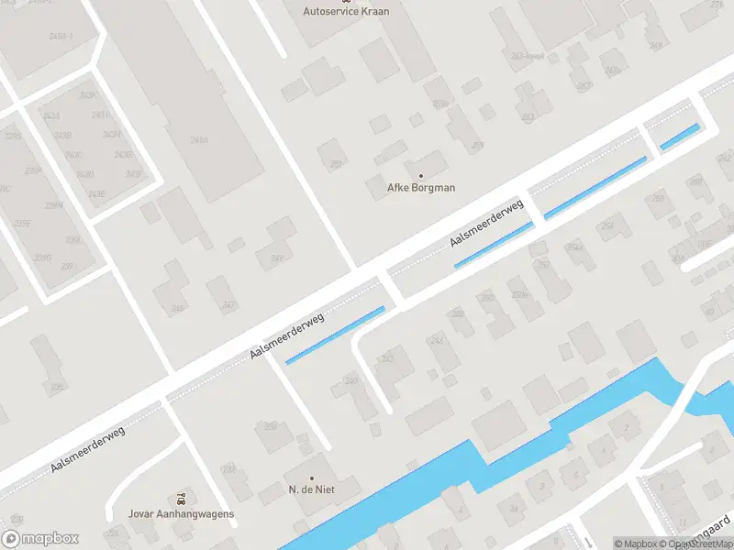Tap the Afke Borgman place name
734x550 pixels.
(x=421, y=188)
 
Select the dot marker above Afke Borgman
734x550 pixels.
(x=421, y=175)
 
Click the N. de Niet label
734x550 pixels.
(x=311, y=490)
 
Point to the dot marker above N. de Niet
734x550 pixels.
(x=311, y=478)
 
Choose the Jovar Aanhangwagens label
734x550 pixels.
(x=182, y=513)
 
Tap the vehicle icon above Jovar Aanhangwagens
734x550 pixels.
(x=182, y=499)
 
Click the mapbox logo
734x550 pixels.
(x=40, y=539)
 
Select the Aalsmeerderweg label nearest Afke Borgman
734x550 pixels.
(x=486, y=223)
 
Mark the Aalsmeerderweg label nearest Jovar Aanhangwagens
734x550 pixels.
(x=87, y=449)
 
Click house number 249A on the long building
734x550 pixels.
(x=198, y=140)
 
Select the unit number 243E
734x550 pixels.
(x=95, y=193)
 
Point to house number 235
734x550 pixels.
(x=57, y=388)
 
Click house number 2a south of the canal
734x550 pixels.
(x=514, y=507)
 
